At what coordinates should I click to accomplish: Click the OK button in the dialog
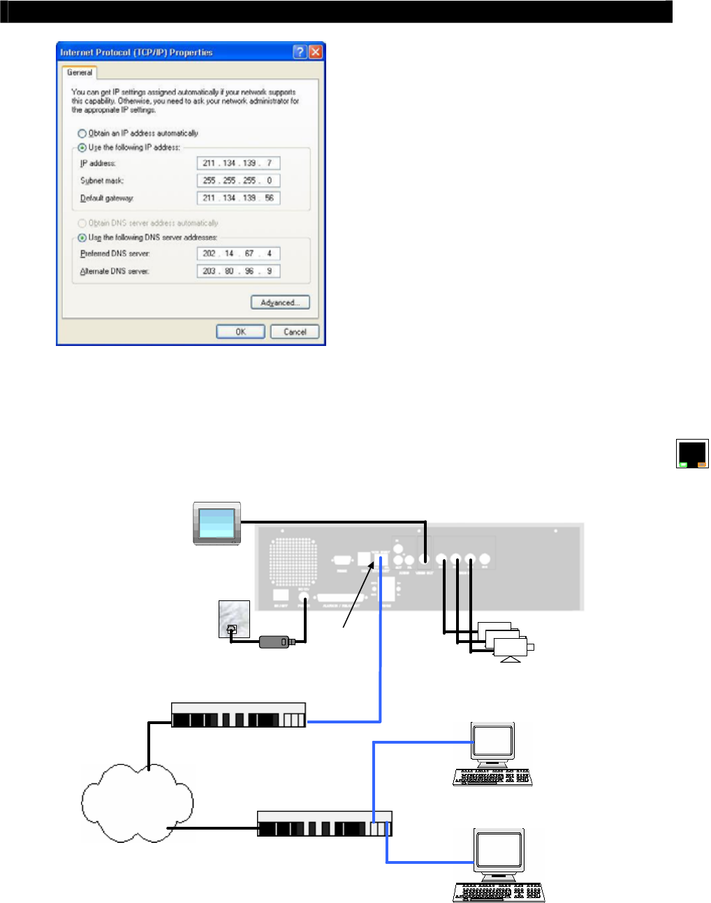(240, 332)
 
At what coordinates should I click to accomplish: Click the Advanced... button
(280, 303)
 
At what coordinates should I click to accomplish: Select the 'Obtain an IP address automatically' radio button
(82, 133)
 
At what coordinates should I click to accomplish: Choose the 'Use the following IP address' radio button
(82, 147)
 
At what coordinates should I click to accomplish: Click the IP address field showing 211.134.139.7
(238, 164)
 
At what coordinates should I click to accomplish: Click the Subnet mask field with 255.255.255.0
(238, 180)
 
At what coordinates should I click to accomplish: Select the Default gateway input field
(238, 198)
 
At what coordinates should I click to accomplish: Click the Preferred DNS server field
(238, 254)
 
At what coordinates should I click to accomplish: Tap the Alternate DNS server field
(238, 271)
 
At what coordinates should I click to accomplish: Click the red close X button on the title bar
(315, 52)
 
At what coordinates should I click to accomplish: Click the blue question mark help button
(300, 52)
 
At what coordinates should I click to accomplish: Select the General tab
(80, 73)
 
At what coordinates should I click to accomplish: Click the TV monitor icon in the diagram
(217, 523)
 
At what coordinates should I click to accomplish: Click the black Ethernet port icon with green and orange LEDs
(692, 454)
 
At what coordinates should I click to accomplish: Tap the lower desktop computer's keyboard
(498, 892)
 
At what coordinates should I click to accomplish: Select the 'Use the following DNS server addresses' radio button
(82, 238)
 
